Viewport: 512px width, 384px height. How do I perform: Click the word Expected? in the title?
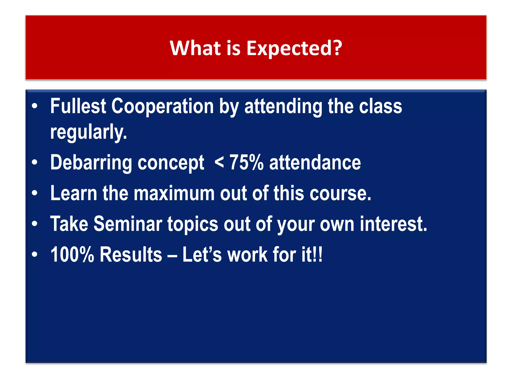point(294,48)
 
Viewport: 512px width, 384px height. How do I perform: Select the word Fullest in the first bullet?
point(78,106)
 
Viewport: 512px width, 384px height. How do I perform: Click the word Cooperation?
point(162,106)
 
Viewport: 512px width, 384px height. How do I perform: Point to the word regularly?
point(88,132)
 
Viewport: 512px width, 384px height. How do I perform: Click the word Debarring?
point(91,163)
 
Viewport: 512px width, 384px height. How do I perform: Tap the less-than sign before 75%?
point(219,162)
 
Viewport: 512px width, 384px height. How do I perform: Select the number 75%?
point(246,162)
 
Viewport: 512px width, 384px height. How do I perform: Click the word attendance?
point(315,162)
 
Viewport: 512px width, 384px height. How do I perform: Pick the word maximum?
point(174,193)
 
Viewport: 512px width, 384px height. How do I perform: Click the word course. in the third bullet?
point(340,193)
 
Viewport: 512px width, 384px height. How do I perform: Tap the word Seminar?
point(128,224)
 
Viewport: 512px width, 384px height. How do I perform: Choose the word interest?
point(393,224)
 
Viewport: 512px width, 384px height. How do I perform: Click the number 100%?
point(72,254)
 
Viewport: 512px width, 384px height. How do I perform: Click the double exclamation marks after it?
point(317,254)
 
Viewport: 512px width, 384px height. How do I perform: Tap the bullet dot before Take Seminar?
point(34,224)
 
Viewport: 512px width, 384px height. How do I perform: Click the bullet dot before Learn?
point(34,193)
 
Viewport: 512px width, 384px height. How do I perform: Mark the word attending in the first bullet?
point(283,106)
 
